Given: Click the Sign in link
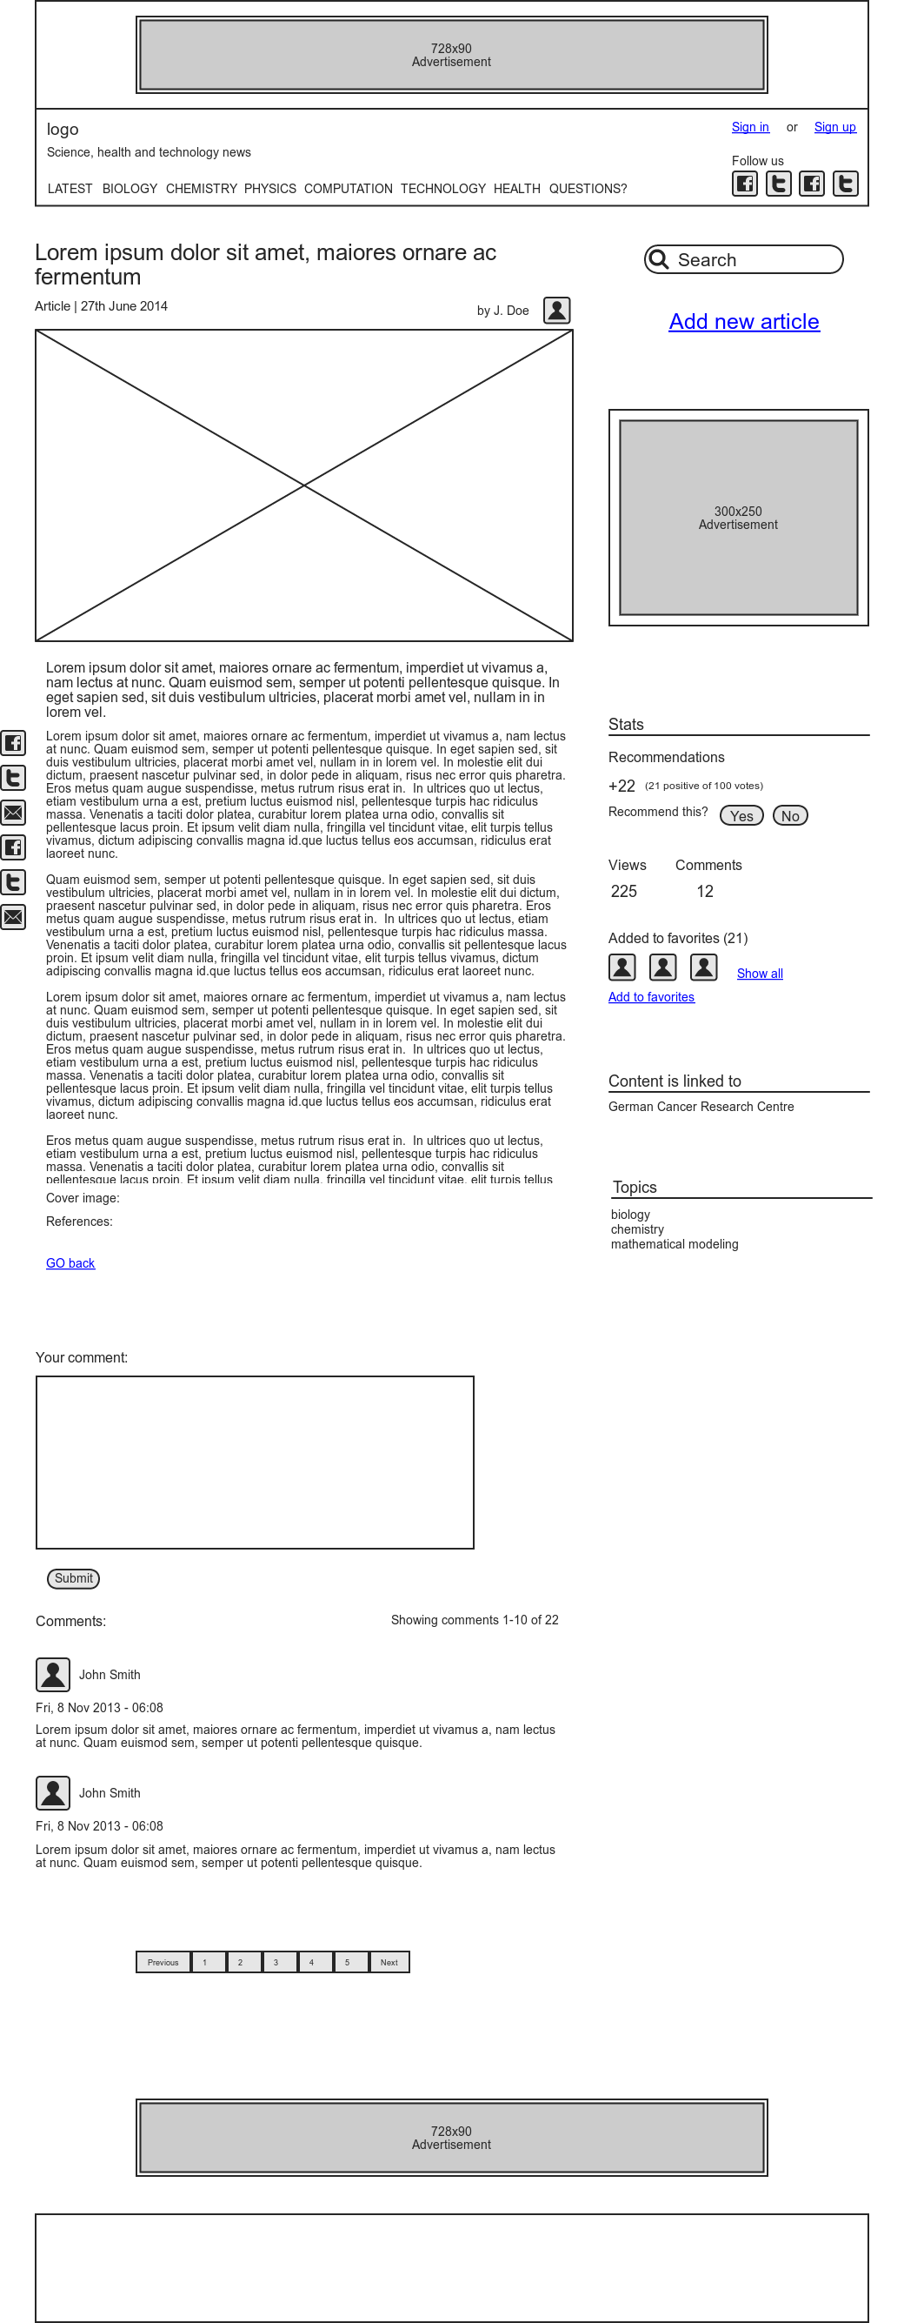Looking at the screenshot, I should (x=750, y=127).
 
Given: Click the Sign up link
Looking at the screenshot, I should (x=834, y=127).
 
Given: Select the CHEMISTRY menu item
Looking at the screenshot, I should (x=201, y=189).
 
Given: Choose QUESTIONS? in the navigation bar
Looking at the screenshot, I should (x=588, y=189).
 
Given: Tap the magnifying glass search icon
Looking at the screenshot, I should (x=659, y=260).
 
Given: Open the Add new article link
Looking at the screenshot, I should (x=743, y=322).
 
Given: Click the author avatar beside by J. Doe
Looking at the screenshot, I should (x=557, y=311).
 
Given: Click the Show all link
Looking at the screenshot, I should (x=760, y=973).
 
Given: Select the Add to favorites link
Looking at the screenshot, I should (x=651, y=996).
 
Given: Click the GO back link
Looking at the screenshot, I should (x=70, y=1262).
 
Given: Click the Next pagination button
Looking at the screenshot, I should (x=389, y=1962).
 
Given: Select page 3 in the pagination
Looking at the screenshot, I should (x=276, y=1962).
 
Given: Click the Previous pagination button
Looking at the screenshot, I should (x=163, y=1962).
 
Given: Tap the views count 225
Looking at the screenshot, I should (x=624, y=891).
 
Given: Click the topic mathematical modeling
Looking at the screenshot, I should (x=675, y=1243).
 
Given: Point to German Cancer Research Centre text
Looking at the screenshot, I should (x=701, y=1107).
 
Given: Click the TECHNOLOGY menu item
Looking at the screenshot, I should (x=442, y=189).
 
